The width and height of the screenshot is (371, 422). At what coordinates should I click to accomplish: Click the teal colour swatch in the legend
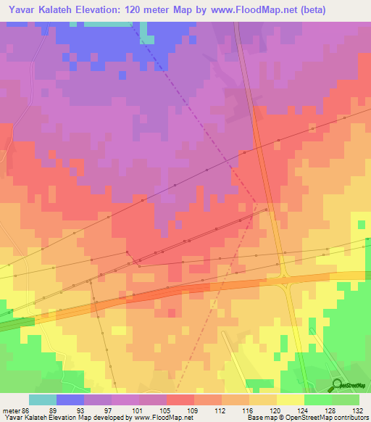(42, 400)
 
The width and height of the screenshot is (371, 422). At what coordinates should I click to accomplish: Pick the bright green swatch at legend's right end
(345, 400)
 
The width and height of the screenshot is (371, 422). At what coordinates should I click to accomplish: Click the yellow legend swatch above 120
(290, 400)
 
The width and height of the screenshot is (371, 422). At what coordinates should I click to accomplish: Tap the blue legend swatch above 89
(70, 400)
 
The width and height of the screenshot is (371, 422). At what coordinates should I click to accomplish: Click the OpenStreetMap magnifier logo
(338, 384)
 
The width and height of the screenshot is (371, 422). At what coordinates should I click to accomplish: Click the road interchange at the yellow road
(287, 276)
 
